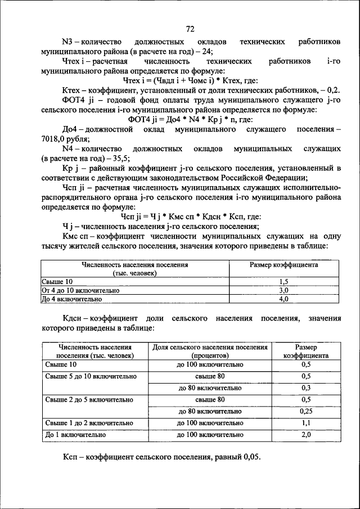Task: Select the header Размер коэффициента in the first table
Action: click(283, 264)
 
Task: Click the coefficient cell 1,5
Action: click(283, 281)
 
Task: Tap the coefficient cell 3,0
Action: click(283, 290)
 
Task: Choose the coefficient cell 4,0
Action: click(283, 299)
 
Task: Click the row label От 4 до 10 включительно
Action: click(81, 290)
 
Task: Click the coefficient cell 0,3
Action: click(306, 388)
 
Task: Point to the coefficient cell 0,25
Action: click(306, 411)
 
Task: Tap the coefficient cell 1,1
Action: click(306, 423)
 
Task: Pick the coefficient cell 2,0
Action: click(306, 435)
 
